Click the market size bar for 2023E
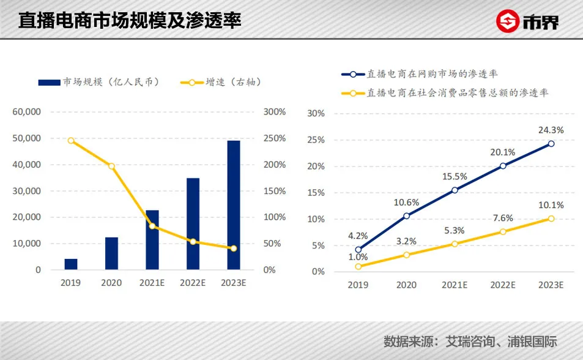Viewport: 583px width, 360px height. [x=234, y=205]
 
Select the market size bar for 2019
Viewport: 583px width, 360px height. [x=71, y=264]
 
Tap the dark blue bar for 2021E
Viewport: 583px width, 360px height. [x=152, y=240]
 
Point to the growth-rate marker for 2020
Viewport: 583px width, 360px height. [x=111, y=166]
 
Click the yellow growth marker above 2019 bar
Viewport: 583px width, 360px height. [x=71, y=140]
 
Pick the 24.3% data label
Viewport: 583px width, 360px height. [x=551, y=130]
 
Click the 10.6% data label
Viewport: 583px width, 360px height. [x=406, y=203]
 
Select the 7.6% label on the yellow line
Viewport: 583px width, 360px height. [x=503, y=219]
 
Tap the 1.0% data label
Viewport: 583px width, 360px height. [x=358, y=257]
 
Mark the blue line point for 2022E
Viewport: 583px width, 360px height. [x=503, y=166]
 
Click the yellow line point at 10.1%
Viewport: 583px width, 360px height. [x=551, y=219]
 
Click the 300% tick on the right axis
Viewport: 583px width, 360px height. [x=275, y=112]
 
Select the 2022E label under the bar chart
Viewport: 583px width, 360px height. [x=193, y=283]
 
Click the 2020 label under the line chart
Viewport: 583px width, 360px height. [x=406, y=285]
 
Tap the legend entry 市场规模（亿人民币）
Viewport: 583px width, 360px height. [x=98, y=81]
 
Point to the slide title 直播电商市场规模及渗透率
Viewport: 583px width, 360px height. [x=130, y=20]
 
